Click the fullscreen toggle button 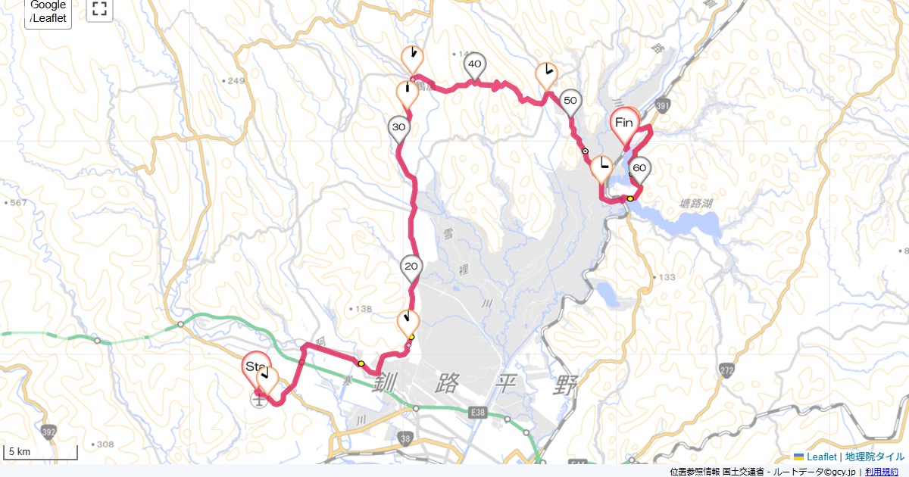pos(99,10)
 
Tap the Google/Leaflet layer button pos(48,11)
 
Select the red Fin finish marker pos(625,123)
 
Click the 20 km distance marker pos(411,267)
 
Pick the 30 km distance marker pos(399,128)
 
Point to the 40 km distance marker pos(475,65)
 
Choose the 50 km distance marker pos(571,101)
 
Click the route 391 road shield pos(663,108)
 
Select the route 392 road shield pos(49,433)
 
